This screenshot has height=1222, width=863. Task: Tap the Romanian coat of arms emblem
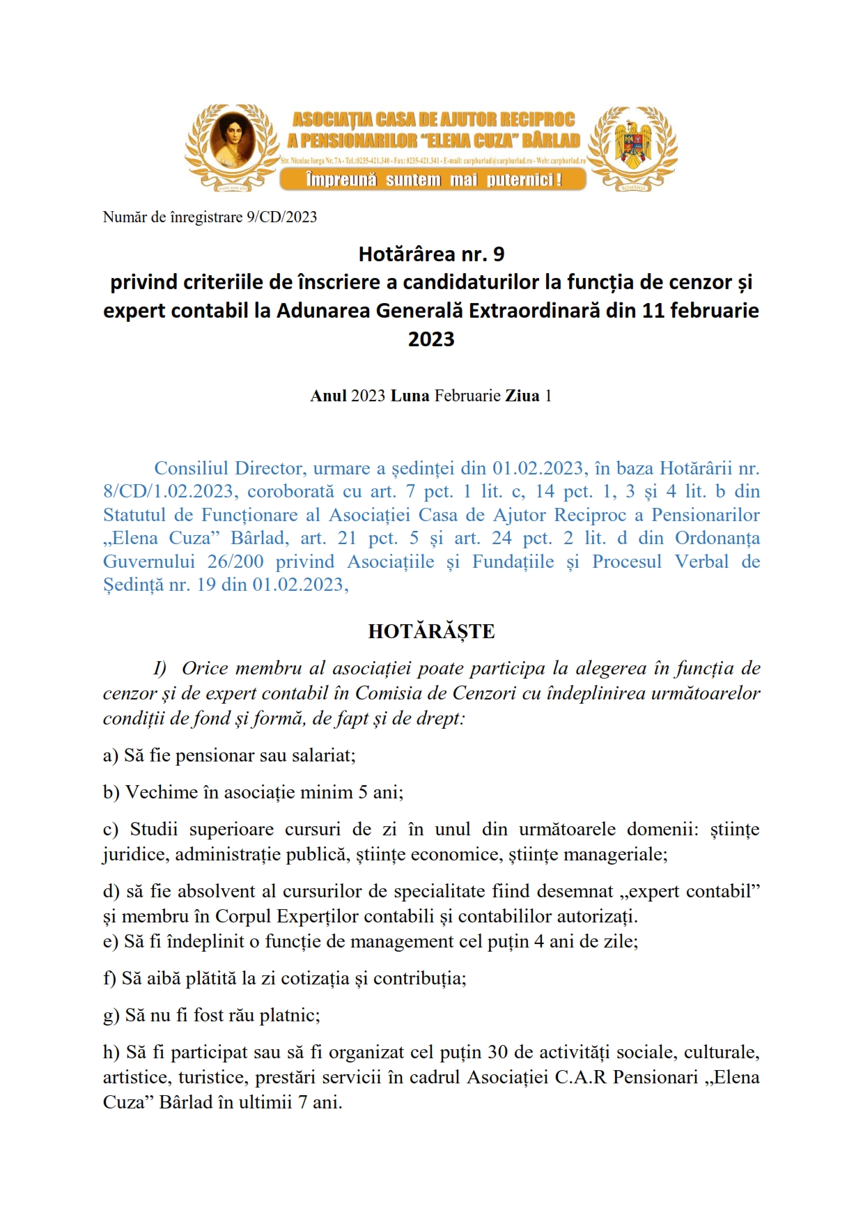(632, 144)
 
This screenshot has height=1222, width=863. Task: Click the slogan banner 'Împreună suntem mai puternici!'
(433, 180)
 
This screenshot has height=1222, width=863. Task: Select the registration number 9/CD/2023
(281, 217)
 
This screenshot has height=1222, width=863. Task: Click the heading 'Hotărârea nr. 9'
(431, 254)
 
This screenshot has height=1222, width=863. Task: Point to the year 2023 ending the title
(431, 339)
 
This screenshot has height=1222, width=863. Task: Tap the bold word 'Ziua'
(522, 396)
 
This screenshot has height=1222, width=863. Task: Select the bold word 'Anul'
(328, 396)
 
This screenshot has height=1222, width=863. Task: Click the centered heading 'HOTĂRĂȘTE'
(431, 631)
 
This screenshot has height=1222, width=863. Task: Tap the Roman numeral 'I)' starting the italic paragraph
(160, 668)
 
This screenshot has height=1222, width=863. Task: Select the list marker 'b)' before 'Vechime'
(111, 792)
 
